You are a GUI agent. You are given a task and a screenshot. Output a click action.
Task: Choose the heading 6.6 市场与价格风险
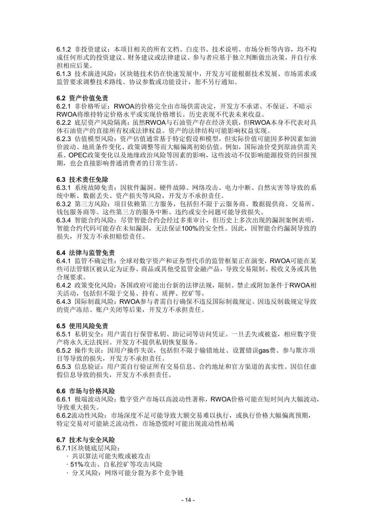[86, 391]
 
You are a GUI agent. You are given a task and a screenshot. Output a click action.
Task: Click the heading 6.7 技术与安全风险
[86, 440]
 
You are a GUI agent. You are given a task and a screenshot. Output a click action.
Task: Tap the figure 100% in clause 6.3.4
[189, 228]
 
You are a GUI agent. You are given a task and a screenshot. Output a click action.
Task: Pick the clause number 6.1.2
[64, 49]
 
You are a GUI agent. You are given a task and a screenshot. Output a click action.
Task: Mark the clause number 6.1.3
[64, 74]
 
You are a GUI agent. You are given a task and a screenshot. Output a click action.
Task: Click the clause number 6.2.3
[64, 139]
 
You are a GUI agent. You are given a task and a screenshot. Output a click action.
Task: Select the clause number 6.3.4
[64, 220]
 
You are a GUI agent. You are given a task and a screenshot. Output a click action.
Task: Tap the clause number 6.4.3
[64, 302]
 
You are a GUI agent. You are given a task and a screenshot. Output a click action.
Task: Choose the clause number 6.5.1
[64, 334]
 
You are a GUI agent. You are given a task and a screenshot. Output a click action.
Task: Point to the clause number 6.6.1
[64, 399]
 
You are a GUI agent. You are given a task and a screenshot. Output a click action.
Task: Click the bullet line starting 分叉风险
[127, 473]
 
